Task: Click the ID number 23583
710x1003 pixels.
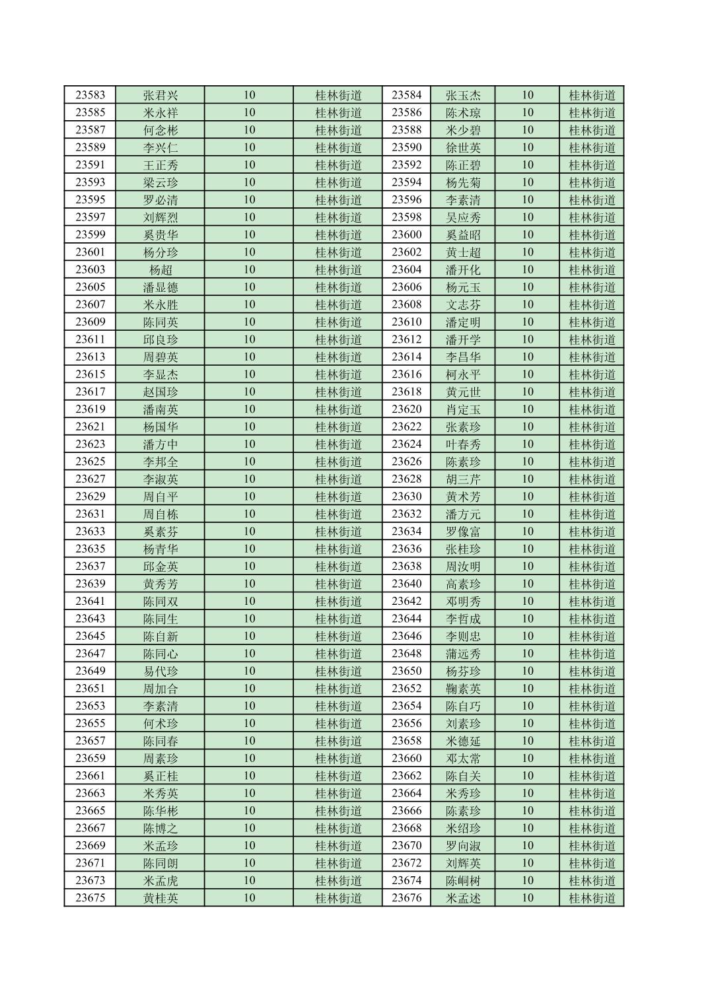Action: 90,95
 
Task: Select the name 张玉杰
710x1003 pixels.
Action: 463,95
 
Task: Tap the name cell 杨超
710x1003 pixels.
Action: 160,269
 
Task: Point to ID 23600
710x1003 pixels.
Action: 406,234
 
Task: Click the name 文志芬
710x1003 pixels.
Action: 463,304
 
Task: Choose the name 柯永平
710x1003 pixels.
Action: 463,374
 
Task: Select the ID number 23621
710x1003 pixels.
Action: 90,427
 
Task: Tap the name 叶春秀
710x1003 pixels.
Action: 463,444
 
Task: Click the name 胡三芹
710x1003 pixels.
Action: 463,479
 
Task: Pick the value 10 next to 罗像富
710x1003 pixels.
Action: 527,532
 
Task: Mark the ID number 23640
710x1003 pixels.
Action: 406,584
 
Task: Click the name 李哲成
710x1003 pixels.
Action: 463,619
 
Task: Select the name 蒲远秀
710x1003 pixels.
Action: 463,654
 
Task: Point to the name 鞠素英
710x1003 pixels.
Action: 463,689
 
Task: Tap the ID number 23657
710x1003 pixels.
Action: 90,741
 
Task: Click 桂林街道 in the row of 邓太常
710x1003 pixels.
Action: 592,758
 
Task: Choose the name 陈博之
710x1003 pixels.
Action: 160,828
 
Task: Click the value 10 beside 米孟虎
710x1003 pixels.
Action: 249,880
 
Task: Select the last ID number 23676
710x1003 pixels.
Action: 406,898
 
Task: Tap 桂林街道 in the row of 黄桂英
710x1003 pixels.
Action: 338,898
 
